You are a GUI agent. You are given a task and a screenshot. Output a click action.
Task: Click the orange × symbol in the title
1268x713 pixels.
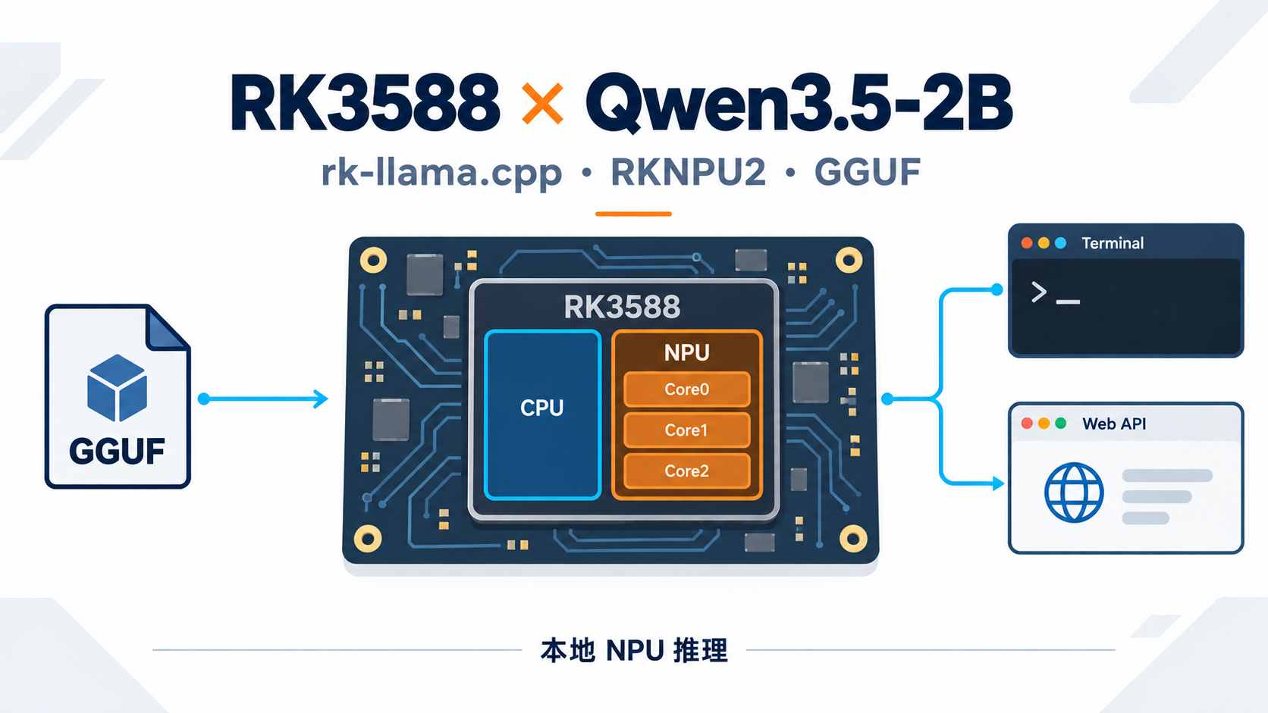point(542,104)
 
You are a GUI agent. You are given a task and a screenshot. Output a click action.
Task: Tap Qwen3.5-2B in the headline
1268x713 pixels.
point(799,105)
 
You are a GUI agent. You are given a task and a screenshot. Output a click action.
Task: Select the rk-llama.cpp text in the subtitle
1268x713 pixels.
point(441,173)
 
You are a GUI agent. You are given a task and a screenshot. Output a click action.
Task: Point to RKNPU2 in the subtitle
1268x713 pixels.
point(689,172)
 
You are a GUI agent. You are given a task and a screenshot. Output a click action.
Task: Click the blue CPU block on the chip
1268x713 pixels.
point(542,415)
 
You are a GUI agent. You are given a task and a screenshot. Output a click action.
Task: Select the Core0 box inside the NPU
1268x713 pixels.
point(686,389)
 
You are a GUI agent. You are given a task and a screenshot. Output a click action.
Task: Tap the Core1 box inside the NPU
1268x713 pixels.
point(686,430)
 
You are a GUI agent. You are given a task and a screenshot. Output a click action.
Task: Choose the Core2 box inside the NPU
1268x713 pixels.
point(686,471)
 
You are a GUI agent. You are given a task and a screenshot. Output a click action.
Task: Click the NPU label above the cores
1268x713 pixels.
point(686,353)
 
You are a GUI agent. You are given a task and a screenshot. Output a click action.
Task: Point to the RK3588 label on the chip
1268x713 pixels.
point(622,307)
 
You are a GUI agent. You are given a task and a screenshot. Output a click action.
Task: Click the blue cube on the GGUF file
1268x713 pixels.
point(118,388)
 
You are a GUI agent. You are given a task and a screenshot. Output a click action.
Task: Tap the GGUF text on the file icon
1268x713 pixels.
point(118,451)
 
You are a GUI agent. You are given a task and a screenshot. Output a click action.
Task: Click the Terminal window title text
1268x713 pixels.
point(1113,243)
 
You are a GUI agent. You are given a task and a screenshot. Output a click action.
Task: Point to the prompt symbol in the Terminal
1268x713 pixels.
point(1039,292)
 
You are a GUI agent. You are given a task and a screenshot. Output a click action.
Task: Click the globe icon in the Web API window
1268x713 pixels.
point(1074,492)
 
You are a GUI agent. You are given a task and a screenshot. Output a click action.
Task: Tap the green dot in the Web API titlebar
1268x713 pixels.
point(1061,424)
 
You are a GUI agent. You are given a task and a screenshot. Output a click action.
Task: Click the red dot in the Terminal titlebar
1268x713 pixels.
point(1026,243)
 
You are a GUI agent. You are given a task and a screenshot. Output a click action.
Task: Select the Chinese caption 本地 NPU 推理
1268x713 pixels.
point(634,650)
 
